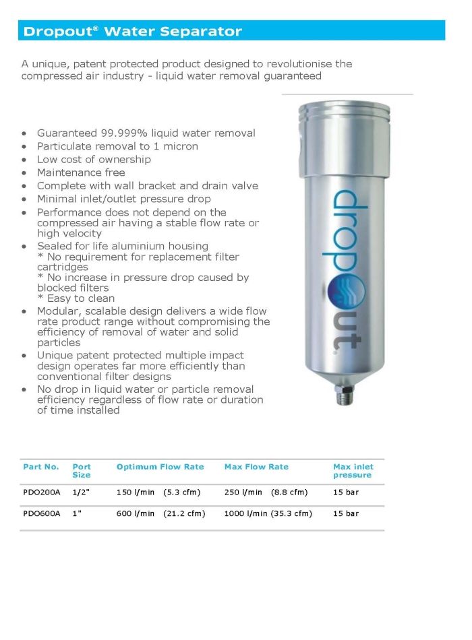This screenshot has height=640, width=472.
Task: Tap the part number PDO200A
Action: [x=41, y=492]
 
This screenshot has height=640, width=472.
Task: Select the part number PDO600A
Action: [x=41, y=513]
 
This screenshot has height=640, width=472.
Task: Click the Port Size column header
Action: [x=82, y=471]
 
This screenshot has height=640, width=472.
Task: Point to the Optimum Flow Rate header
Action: [x=160, y=467]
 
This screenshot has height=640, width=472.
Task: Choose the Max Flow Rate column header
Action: [x=256, y=467]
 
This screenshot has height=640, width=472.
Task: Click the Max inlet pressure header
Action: [x=353, y=471]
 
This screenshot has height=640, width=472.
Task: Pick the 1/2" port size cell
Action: [x=81, y=492]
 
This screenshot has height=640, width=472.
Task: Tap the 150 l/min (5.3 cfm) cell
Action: [x=156, y=492]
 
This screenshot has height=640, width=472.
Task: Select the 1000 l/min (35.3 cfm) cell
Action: [x=268, y=513]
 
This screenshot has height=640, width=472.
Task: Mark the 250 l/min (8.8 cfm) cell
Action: [x=265, y=492]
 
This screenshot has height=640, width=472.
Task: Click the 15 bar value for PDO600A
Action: [x=346, y=513]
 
